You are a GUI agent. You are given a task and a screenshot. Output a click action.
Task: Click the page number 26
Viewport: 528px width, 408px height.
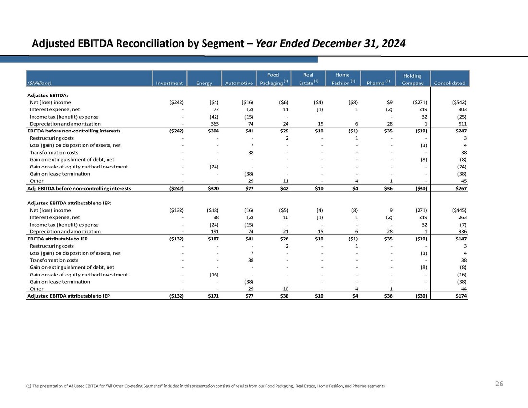499,384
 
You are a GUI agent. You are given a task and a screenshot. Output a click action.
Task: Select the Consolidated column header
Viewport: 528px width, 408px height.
449,83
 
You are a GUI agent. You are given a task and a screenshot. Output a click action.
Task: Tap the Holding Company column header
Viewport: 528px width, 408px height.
412,79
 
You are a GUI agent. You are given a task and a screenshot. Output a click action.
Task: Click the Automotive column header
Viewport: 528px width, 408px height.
239,83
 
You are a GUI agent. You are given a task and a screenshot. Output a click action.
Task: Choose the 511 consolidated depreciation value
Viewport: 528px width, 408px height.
460,123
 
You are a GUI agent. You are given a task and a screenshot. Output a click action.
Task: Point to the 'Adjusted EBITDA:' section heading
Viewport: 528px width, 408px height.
47,95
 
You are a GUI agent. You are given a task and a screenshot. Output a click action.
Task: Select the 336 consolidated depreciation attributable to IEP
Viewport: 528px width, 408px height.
460,231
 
